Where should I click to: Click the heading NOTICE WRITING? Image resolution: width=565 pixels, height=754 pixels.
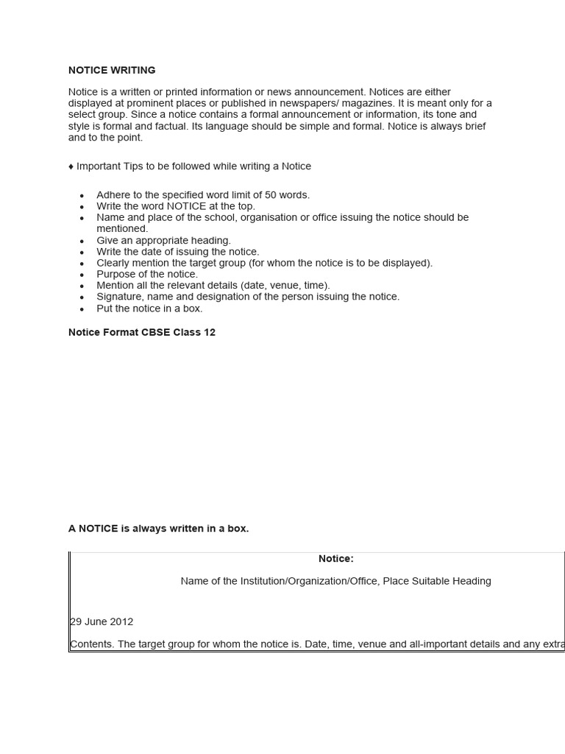pyautogui.click(x=112, y=71)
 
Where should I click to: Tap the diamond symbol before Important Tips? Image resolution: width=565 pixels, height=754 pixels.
pyautogui.click(x=71, y=166)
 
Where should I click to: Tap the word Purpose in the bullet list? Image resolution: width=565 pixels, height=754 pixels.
pyautogui.click(x=116, y=274)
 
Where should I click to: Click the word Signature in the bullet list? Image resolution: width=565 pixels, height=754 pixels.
pyautogui.click(x=120, y=297)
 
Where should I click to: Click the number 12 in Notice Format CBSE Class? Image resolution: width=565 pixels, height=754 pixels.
pyautogui.click(x=209, y=333)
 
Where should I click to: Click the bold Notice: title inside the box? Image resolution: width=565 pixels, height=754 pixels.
pyautogui.click(x=335, y=559)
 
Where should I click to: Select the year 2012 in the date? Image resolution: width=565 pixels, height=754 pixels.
pyautogui.click(x=121, y=621)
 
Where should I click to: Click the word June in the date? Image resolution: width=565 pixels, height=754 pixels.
pyautogui.click(x=95, y=621)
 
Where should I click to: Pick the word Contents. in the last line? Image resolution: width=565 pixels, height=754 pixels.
pyautogui.click(x=93, y=644)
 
